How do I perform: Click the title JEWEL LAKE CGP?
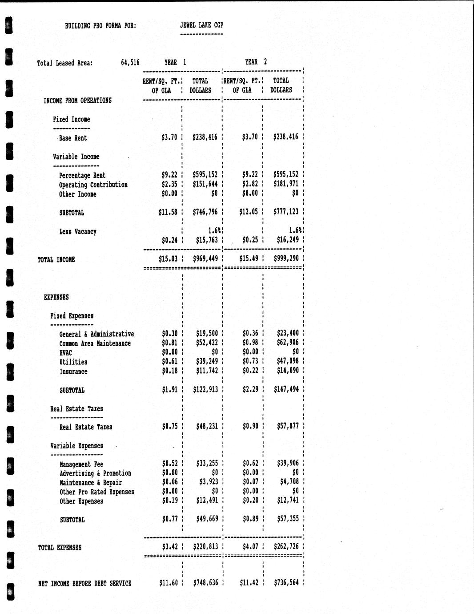[x=201, y=25]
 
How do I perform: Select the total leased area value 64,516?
[x=130, y=63]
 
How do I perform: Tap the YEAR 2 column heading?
[x=256, y=62]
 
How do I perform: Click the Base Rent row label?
[x=73, y=138]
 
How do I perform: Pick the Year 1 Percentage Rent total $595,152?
[x=205, y=174]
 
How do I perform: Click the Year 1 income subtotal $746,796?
[x=205, y=212]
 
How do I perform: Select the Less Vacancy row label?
[x=78, y=231]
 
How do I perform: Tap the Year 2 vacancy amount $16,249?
[x=287, y=240]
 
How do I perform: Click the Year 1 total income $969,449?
[x=205, y=259]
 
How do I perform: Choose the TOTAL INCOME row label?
[x=56, y=259]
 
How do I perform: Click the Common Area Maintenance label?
[x=95, y=343]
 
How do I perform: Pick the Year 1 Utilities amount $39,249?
[x=207, y=361]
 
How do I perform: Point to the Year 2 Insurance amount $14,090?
[x=288, y=370]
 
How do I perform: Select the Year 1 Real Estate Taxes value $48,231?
[x=207, y=426]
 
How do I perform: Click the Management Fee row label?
[x=81, y=464]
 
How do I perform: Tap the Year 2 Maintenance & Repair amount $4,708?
[x=289, y=481]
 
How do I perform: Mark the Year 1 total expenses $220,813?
[x=205, y=546]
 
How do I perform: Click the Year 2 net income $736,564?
[x=286, y=582]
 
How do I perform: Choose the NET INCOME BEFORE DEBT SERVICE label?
[x=84, y=583]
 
